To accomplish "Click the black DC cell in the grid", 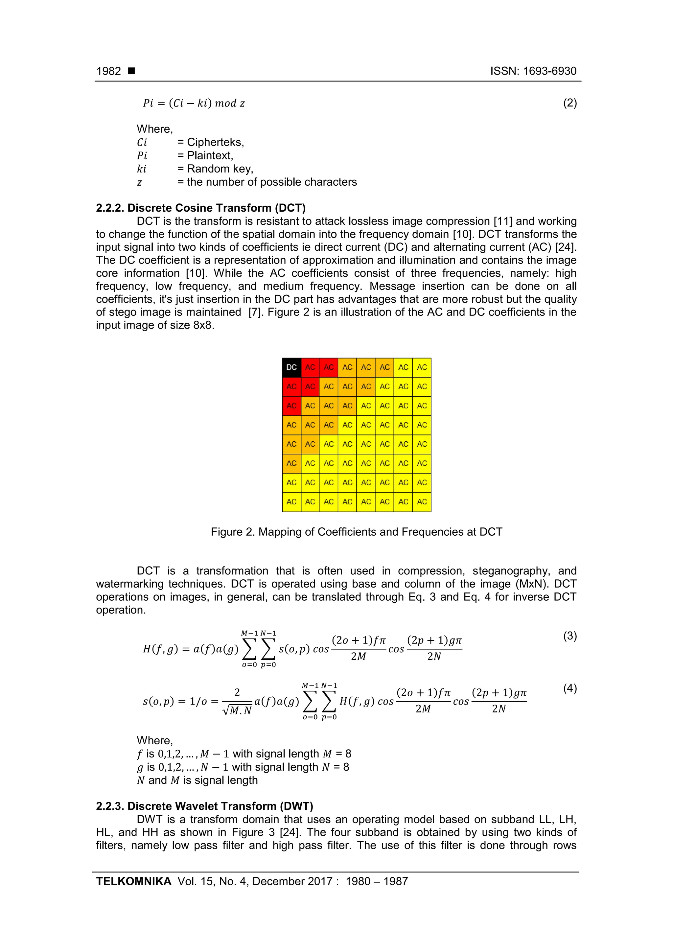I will click(291, 367).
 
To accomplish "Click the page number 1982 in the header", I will click(109, 71).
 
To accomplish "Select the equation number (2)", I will click(570, 103).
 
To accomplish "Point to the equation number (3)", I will click(570, 636).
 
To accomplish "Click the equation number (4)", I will click(570, 688).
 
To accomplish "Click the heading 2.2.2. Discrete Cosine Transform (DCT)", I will click(201, 208).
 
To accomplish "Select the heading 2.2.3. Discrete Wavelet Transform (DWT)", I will click(204, 806).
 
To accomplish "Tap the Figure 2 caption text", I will click(356, 532).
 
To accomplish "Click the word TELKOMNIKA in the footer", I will click(133, 882).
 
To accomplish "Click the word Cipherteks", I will click(215, 142).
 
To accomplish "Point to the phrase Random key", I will click(220, 169).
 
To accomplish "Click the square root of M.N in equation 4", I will click(238, 711).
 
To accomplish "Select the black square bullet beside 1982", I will click(131, 71).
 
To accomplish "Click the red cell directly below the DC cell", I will click(291, 386).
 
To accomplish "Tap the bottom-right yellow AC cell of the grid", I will click(422, 502).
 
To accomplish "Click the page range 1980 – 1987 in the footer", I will click(377, 882).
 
